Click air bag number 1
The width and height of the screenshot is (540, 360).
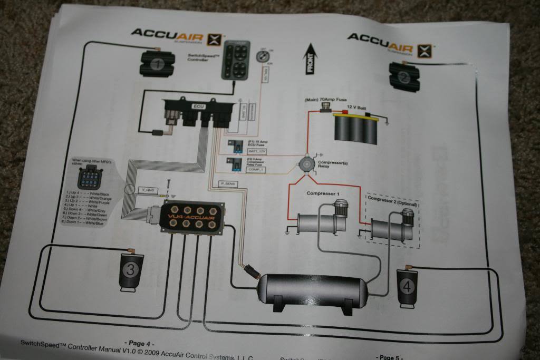click(156, 64)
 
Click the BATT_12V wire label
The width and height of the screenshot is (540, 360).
click(256, 151)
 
